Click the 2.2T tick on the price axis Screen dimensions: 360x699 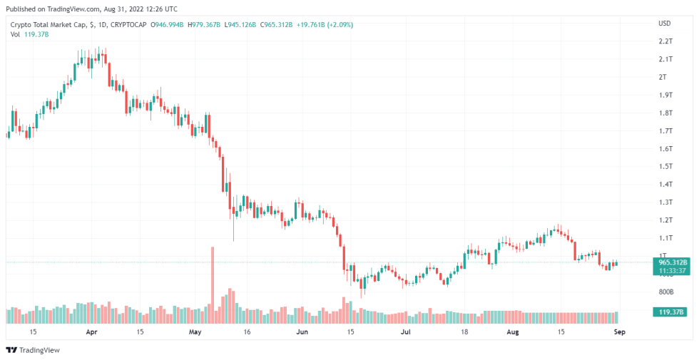[x=665, y=41]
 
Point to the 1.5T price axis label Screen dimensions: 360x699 [x=665, y=166]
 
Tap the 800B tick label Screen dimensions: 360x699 [x=666, y=292]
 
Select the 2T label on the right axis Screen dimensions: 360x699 [x=663, y=77]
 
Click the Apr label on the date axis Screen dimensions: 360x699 [x=91, y=332]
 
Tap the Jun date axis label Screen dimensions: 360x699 [x=302, y=332]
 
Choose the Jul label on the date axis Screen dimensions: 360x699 [x=405, y=332]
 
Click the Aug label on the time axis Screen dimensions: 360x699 [x=511, y=332]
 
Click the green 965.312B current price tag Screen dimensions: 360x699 [x=671, y=262]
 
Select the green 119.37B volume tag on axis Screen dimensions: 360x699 [x=671, y=312]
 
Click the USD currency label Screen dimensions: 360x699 [x=665, y=24]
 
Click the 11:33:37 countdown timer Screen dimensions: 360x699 [x=671, y=271]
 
